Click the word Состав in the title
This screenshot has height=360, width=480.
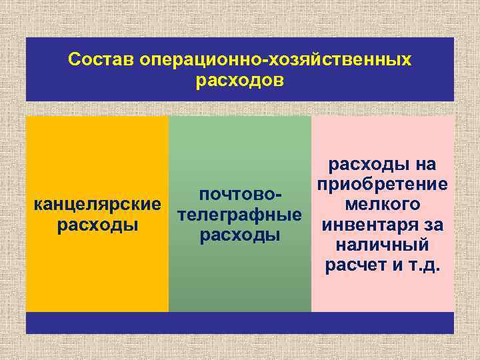point(101,60)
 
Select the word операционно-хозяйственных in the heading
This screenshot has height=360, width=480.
point(275,60)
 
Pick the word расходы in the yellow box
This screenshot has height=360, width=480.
point(97,225)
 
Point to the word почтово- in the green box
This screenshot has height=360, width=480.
point(241,195)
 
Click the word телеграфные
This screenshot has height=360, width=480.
point(240,215)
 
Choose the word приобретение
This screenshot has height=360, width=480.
point(383,184)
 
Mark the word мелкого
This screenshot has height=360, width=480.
point(383,204)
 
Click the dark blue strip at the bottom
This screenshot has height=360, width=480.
point(240,323)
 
